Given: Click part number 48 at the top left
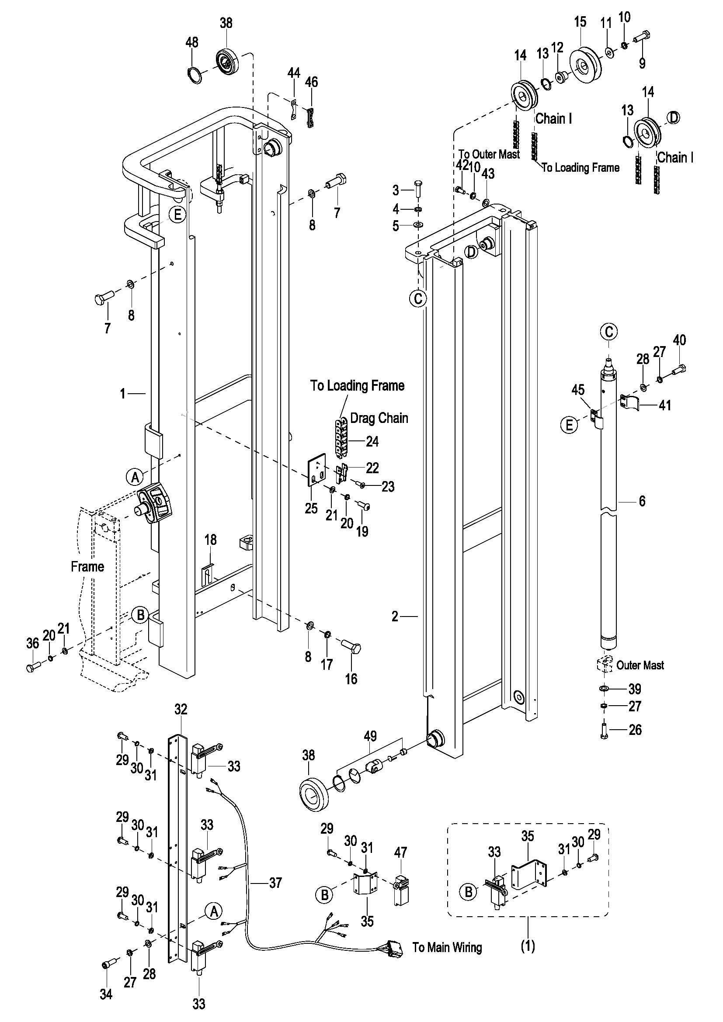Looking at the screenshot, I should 192,42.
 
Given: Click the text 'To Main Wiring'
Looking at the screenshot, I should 447,947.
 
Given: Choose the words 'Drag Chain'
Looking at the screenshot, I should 379,418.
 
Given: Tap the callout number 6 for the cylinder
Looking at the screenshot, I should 642,501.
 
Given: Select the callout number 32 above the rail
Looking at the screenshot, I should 181,709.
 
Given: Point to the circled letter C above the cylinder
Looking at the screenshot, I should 609,331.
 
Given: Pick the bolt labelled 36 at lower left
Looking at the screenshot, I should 33,667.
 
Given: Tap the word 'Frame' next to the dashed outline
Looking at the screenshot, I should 87,567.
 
